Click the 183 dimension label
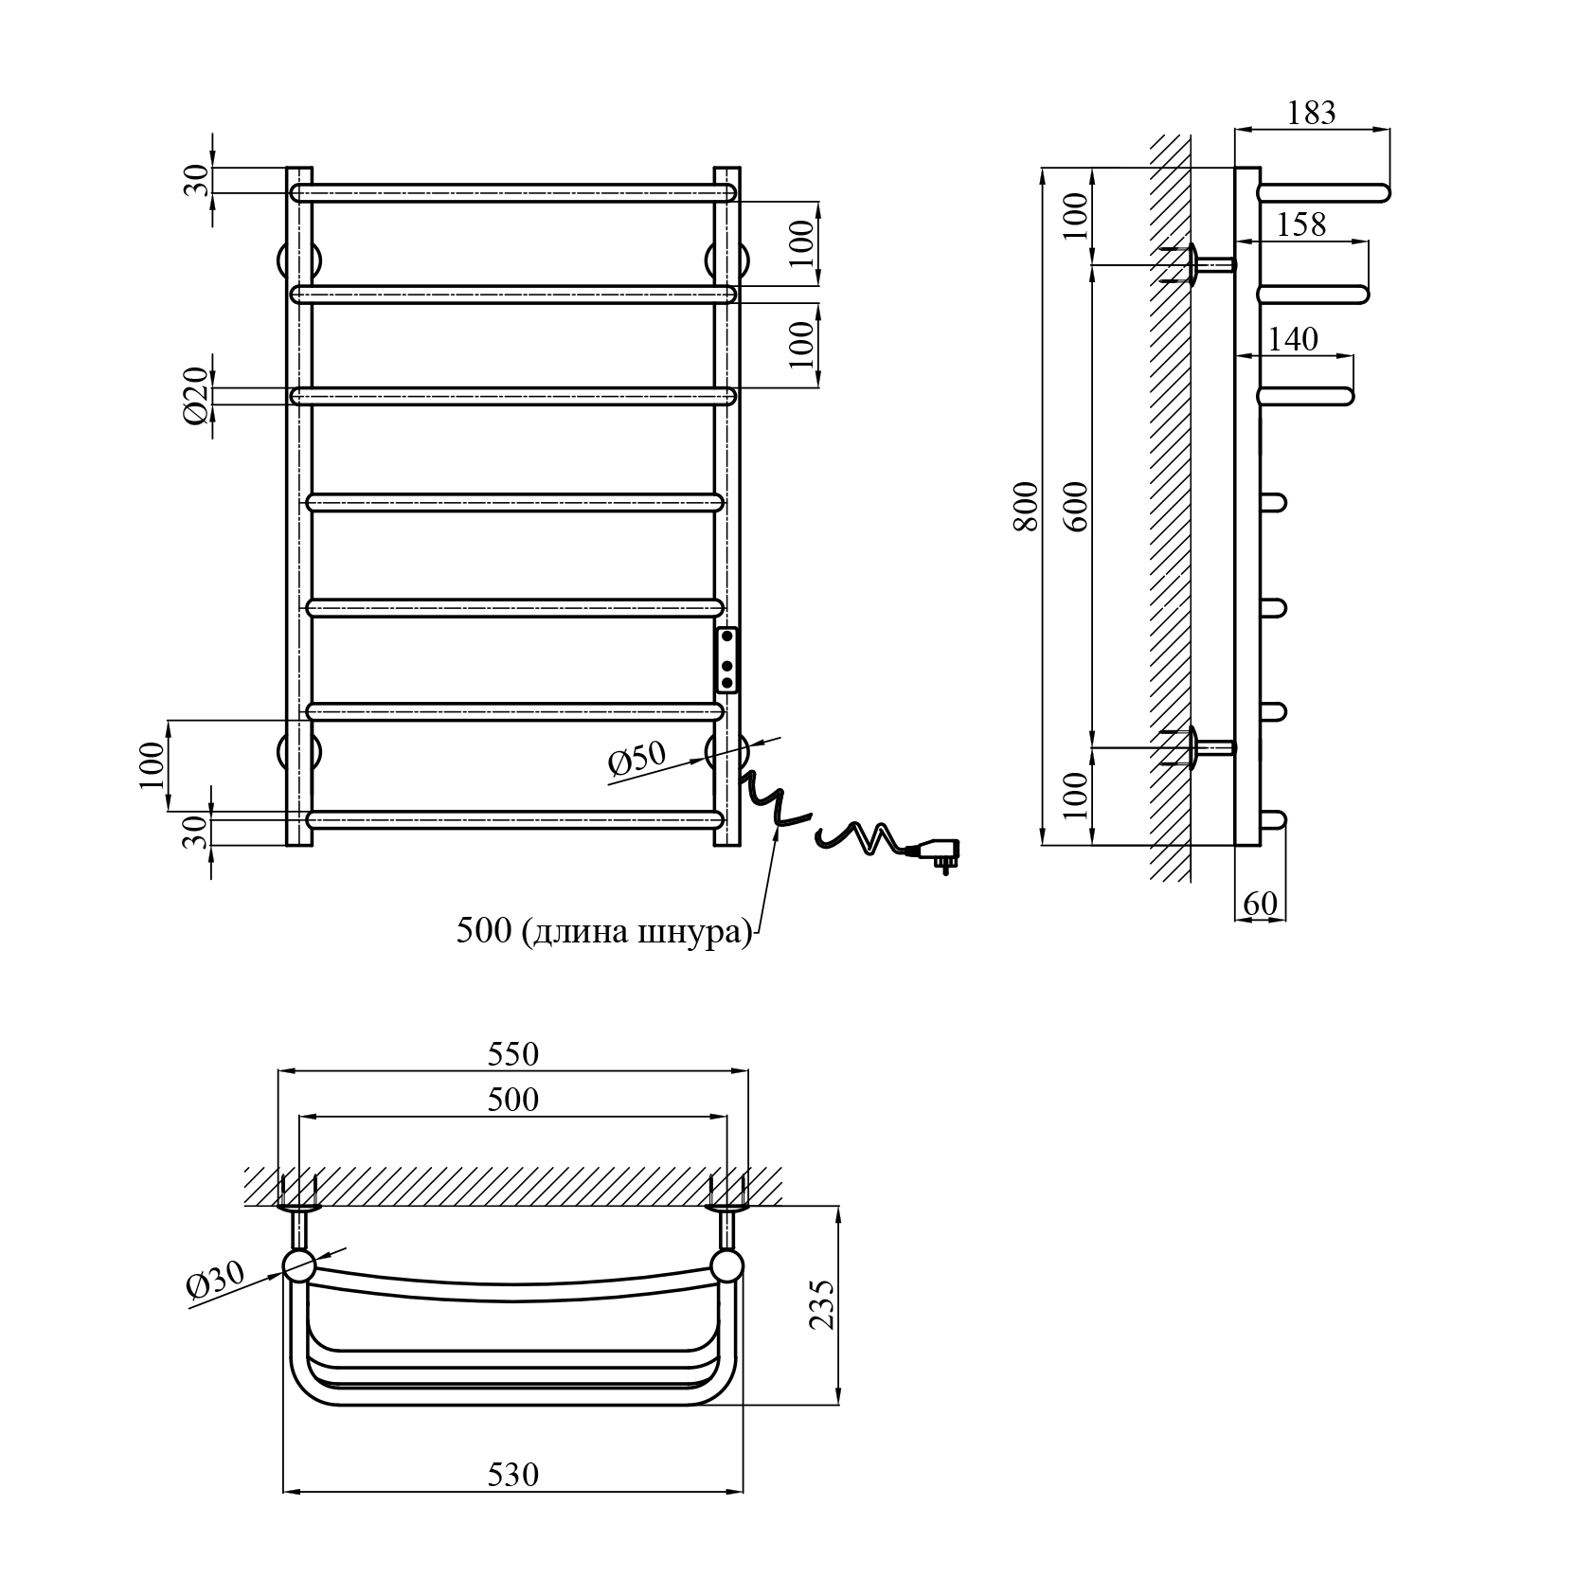point(1312,113)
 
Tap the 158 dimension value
point(1301,224)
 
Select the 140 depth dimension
point(1294,339)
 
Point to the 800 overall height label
point(1027,507)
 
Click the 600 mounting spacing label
point(1079,507)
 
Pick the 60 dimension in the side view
point(1260,905)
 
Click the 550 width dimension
point(512,1053)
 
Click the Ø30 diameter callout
point(216,1281)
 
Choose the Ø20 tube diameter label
point(195,397)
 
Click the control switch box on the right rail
point(727,659)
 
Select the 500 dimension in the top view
point(512,1099)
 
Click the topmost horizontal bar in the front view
point(513,193)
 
